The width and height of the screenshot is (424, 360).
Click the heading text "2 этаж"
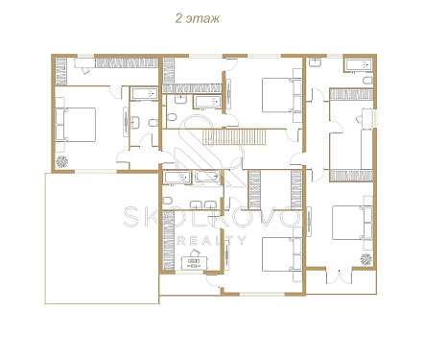click(198, 18)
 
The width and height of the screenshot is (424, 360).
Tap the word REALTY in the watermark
click(212, 240)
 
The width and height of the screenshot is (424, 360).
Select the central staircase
click(235, 136)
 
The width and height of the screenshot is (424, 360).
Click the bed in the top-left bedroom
click(76, 125)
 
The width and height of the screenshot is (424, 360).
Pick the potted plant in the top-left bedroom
click(61, 162)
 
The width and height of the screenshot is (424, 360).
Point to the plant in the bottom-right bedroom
click(365, 259)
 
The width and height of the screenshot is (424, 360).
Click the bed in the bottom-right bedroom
click(352, 223)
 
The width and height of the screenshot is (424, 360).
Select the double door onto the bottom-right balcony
click(340, 276)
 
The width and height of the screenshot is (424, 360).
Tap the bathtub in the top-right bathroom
click(358, 65)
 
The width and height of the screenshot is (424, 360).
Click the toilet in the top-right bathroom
click(368, 80)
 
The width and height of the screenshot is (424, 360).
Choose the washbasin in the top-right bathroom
click(315, 62)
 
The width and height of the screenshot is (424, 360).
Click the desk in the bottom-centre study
click(195, 263)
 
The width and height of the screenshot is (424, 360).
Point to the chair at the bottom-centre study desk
click(194, 253)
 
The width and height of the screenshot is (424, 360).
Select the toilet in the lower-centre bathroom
click(167, 201)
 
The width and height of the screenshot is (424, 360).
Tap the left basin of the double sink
click(195, 204)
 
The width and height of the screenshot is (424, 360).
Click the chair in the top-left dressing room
click(85, 71)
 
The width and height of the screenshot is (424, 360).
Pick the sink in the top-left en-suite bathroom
click(135, 123)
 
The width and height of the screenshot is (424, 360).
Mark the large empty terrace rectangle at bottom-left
click(102, 238)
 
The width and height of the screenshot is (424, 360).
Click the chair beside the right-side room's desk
click(359, 119)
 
